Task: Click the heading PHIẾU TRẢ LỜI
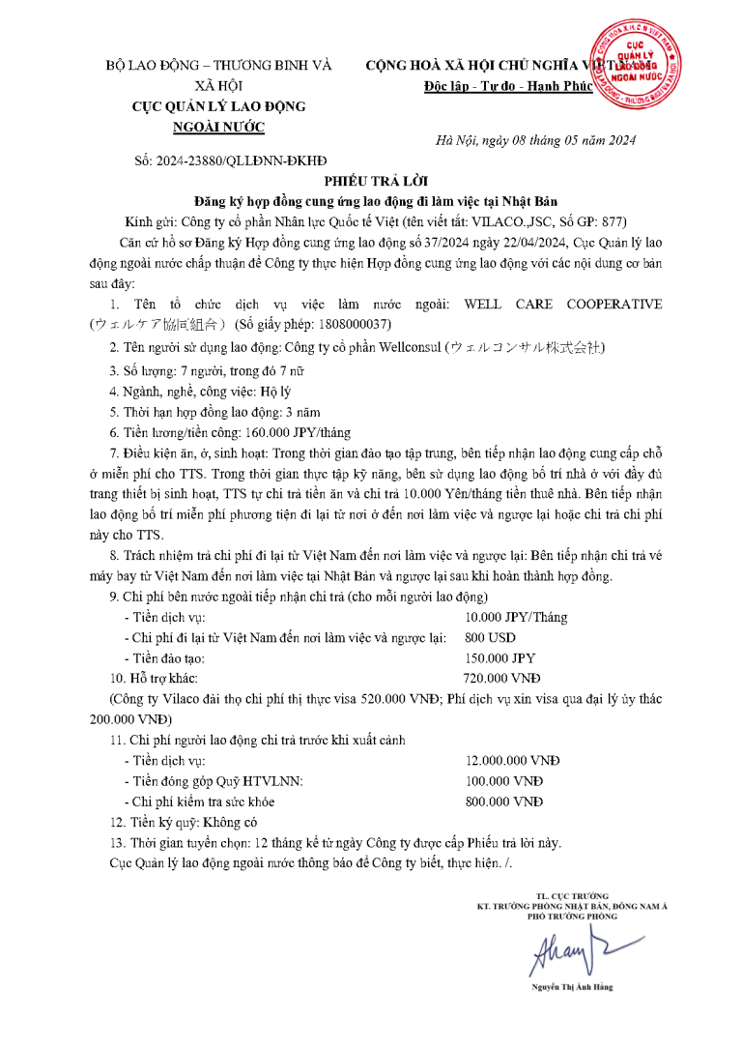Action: pyautogui.click(x=371, y=181)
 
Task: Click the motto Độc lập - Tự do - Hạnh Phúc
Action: pyautogui.click(x=494, y=87)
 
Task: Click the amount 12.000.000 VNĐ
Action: pyautogui.click(x=512, y=760)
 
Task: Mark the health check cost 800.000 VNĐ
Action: pyautogui.click(x=503, y=802)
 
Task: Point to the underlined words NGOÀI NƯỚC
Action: pyautogui.click(x=217, y=127)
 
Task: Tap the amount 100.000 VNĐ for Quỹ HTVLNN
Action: pyautogui.click(x=503, y=780)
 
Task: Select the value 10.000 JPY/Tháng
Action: pyautogui.click(x=515, y=617)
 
